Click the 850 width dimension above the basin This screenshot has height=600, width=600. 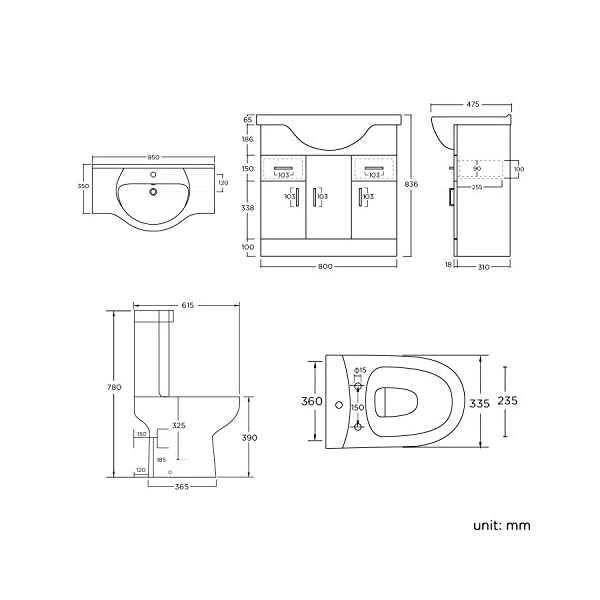[153, 157]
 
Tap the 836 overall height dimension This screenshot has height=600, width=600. [411, 184]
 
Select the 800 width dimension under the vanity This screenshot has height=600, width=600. [325, 267]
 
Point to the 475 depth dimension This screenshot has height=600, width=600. [473, 104]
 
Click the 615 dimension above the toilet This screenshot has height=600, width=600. [188, 305]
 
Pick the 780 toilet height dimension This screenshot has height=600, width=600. [114, 387]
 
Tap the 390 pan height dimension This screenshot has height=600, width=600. [249, 438]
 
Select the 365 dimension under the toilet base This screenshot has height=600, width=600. [182, 487]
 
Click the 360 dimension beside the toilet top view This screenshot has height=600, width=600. [312, 401]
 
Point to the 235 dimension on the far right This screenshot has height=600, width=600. [507, 401]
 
